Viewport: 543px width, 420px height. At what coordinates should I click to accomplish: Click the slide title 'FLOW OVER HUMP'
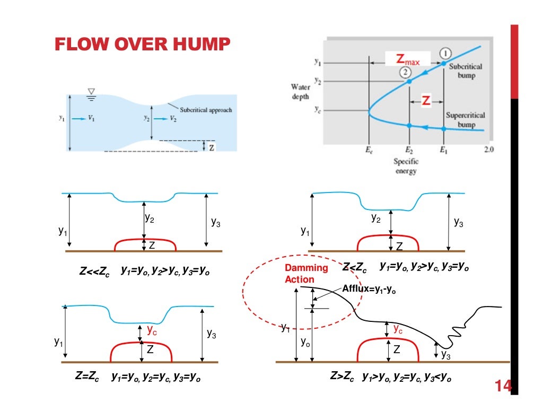(142, 45)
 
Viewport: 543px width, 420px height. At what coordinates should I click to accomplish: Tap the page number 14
(503, 386)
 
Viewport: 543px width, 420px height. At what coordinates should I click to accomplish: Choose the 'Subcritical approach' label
(206, 110)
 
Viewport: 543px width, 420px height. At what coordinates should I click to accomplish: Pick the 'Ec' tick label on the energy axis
(369, 150)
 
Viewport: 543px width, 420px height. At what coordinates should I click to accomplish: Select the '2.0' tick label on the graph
(488, 150)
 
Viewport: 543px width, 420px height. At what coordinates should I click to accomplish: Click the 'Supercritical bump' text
(465, 119)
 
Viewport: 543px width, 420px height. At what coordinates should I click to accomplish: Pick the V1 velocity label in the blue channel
(92, 119)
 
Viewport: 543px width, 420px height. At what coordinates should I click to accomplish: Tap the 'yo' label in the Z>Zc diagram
(305, 342)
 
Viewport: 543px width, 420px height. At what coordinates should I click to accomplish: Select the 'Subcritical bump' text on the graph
(466, 71)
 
